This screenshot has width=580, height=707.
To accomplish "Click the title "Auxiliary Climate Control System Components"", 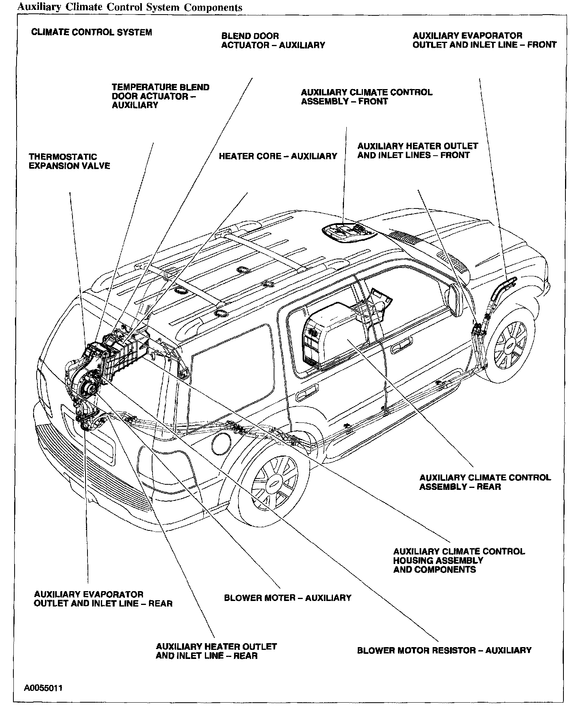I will point(128,7).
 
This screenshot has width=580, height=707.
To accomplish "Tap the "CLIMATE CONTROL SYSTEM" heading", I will point(91,32).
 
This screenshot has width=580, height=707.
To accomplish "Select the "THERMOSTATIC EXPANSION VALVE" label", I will point(69,162).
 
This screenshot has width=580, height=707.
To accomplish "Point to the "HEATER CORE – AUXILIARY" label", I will point(278,156).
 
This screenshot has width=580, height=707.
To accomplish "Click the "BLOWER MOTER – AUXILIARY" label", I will point(287,598).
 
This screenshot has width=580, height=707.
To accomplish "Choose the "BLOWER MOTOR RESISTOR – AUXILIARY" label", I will point(444,650).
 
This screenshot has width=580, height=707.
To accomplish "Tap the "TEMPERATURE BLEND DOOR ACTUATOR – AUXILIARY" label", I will point(160,96).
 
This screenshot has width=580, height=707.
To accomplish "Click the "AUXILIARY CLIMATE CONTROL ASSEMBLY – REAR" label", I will point(485,482).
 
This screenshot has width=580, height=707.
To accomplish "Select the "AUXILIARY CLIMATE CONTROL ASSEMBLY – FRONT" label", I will point(366,97).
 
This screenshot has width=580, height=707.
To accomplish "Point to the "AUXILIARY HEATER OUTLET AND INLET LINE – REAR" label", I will point(216,651).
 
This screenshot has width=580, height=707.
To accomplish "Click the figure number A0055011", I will point(43,688).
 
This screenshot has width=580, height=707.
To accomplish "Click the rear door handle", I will point(308,393).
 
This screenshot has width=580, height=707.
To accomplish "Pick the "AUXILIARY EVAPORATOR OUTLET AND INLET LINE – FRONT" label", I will point(484,40).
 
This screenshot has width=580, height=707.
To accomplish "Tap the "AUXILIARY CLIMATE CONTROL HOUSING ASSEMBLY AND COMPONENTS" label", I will point(459,560).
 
